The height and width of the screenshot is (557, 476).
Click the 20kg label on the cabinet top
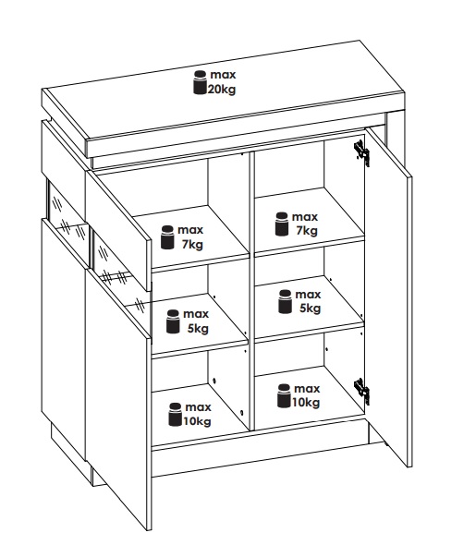[222, 90]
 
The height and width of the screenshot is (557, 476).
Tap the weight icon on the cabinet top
[201, 82]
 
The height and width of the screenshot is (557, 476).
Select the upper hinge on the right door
[362, 151]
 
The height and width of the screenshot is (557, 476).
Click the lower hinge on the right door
[362, 391]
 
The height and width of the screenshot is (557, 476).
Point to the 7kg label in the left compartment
[192, 245]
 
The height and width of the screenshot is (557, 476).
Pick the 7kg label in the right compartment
[307, 231]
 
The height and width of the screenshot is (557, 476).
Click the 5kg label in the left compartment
[198, 329]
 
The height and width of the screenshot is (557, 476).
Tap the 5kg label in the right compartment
[310, 309]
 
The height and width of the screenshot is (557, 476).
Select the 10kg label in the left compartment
[197, 421]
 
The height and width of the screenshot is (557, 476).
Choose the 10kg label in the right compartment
[306, 403]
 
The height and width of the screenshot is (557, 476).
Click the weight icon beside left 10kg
[176, 414]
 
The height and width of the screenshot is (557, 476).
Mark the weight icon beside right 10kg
[284, 395]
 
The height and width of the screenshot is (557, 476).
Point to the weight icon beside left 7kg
[167, 237]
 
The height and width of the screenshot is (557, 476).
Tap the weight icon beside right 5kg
[285, 301]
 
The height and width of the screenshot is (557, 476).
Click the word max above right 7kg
[305, 217]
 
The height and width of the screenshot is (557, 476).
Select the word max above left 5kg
[196, 314]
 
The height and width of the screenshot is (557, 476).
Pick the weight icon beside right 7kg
[282, 224]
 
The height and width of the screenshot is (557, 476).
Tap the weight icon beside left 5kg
[173, 321]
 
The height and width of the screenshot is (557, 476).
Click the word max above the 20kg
[223, 75]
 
